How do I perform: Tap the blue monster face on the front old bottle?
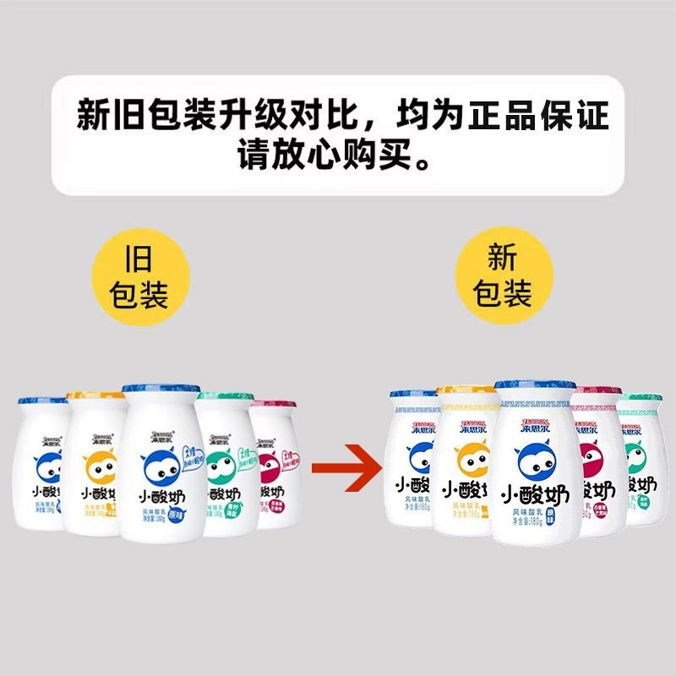[156, 462]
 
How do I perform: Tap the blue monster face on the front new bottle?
[535, 457]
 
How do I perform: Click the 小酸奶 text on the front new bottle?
[535, 493]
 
